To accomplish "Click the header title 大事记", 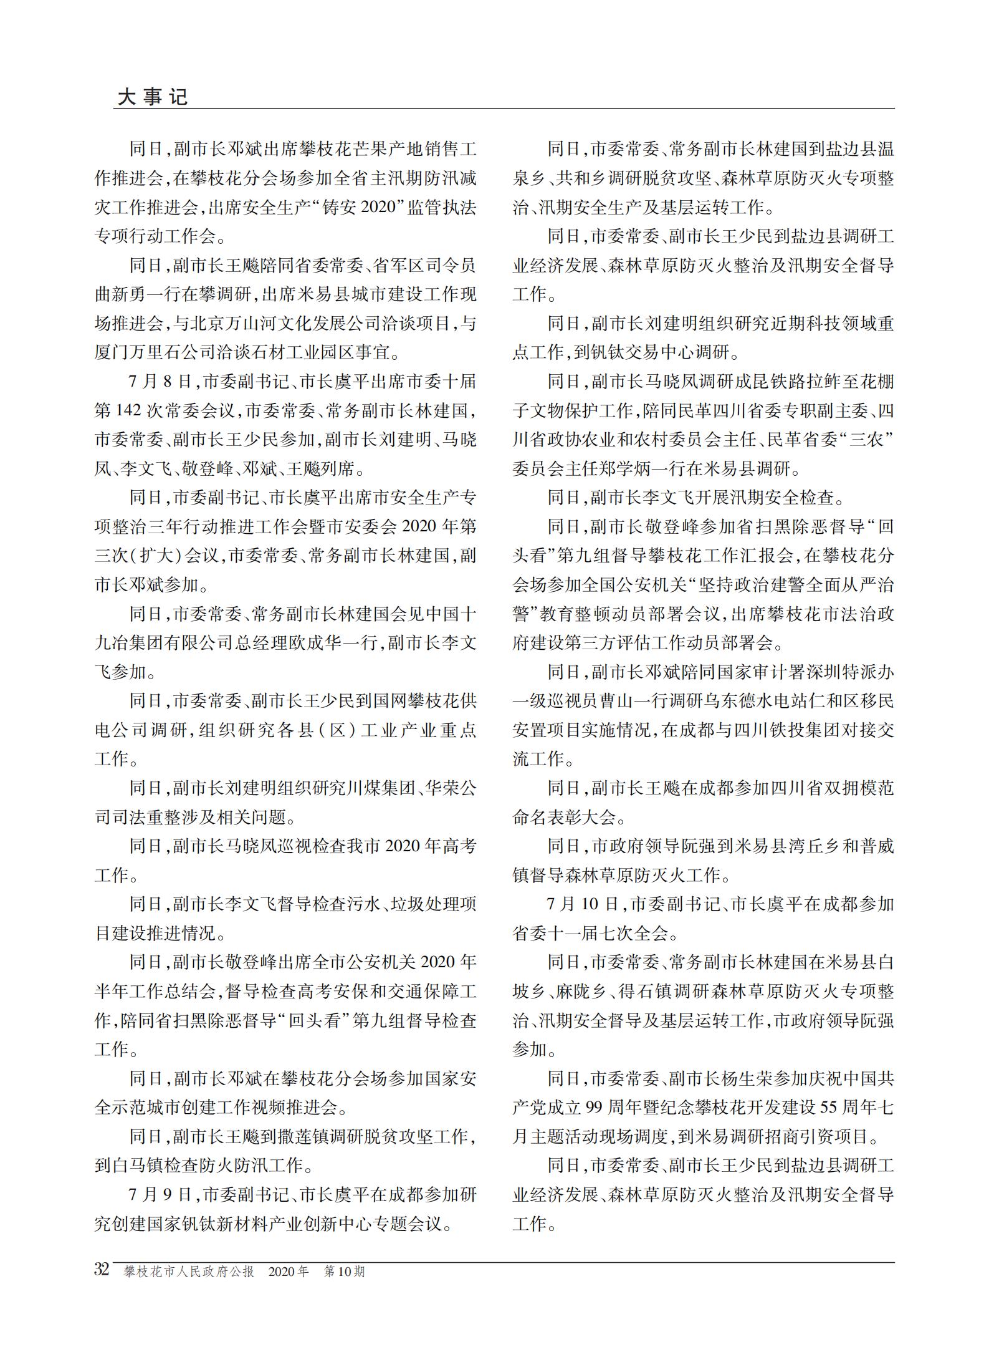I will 152,97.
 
